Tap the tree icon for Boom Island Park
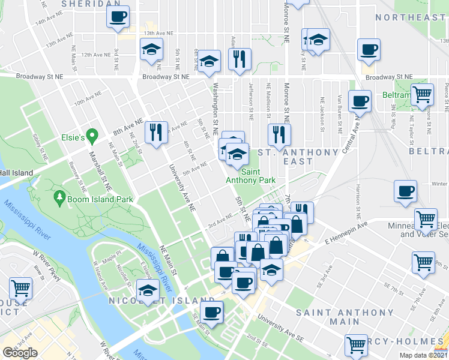point(59,197)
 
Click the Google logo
point(20,353)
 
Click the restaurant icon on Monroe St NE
point(279,134)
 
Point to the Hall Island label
point(16,173)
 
